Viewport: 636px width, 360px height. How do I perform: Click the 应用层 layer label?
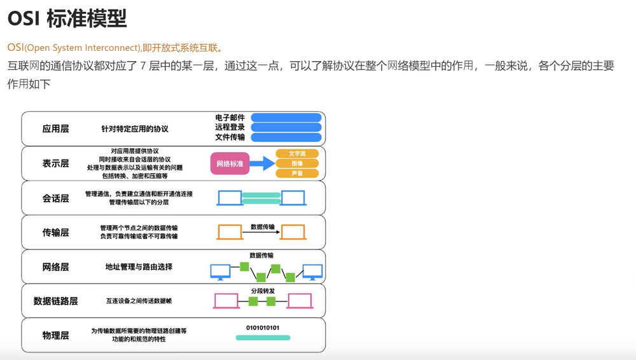pyautogui.click(x=55, y=128)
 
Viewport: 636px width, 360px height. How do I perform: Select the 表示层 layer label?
pyautogui.click(x=55, y=163)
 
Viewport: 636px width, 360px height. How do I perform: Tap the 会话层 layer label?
pyautogui.click(x=55, y=198)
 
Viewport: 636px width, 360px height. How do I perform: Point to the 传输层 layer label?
pyautogui.click(x=55, y=232)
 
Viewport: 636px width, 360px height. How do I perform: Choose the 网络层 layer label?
pyautogui.click(x=55, y=267)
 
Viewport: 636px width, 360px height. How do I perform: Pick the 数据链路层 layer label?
pyautogui.click(x=55, y=301)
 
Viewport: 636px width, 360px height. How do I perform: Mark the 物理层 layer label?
pyautogui.click(x=55, y=335)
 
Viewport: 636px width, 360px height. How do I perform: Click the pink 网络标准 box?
pyautogui.click(x=230, y=163)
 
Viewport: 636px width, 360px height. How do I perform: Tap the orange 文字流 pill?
pyautogui.click(x=297, y=153)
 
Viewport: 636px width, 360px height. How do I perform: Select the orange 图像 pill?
pyautogui.click(x=297, y=163)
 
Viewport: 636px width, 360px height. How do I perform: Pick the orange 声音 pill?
pyautogui.click(x=297, y=173)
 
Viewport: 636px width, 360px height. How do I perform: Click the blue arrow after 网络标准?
pyautogui.click(x=263, y=163)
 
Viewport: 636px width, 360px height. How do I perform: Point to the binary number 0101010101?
pyautogui.click(x=263, y=328)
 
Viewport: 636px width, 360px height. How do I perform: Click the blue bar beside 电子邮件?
pyautogui.click(x=286, y=118)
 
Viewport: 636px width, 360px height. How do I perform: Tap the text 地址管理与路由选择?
pyautogui.click(x=139, y=267)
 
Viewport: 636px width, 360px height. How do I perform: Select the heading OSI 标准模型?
pyautogui.click(x=67, y=18)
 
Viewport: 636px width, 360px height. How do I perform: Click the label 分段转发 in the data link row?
pyautogui.click(x=263, y=291)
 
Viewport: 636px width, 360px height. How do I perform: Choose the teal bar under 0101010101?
pyautogui.click(x=263, y=338)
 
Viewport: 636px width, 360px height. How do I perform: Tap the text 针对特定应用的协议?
pyautogui.click(x=135, y=128)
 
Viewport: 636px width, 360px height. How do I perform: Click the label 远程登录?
pyautogui.click(x=230, y=127)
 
